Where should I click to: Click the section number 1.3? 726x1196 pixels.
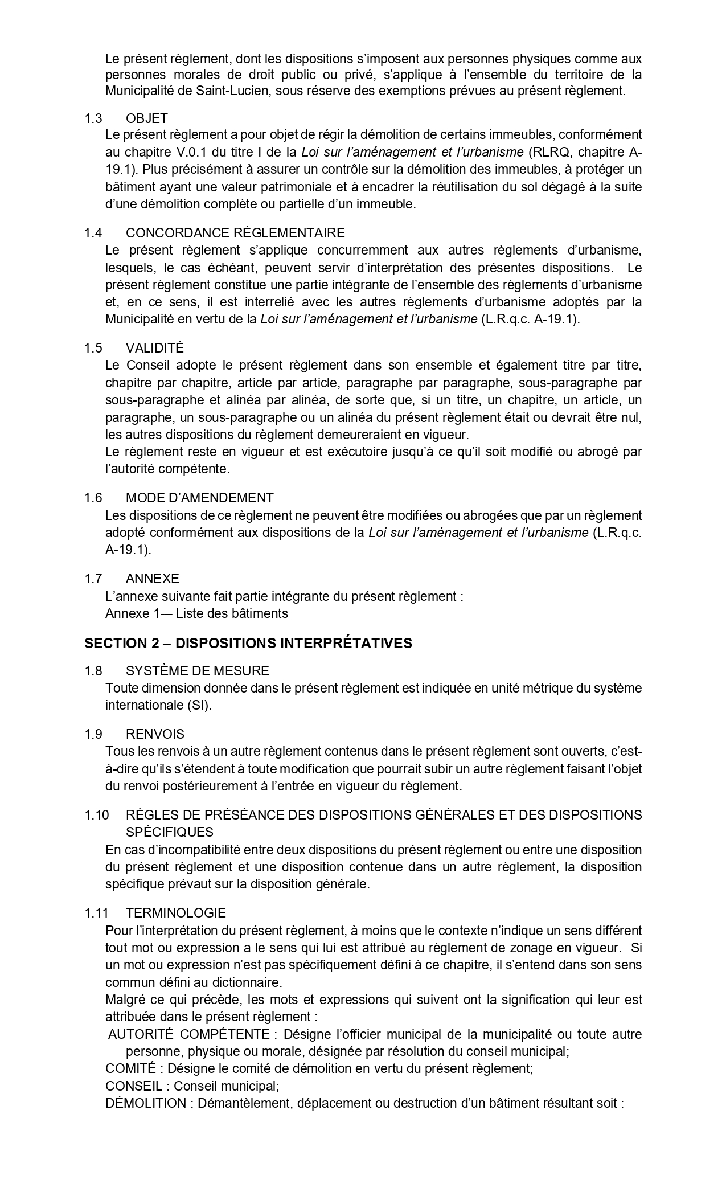[x=93, y=118]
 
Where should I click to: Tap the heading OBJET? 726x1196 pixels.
[x=147, y=118]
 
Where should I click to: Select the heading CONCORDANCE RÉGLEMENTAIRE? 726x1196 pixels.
[x=235, y=233]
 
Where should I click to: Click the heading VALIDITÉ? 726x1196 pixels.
[x=155, y=348]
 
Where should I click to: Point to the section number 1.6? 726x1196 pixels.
[x=93, y=498]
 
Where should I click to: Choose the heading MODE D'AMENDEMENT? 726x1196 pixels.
[x=199, y=498]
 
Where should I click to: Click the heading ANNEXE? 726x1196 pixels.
[x=153, y=579]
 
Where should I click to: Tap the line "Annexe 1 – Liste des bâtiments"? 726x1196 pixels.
[x=196, y=613]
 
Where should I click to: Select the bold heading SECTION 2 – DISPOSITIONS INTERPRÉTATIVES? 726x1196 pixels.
[x=248, y=643]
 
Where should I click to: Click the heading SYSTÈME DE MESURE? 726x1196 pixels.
[x=198, y=671]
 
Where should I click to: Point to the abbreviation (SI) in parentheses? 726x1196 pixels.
[x=198, y=705]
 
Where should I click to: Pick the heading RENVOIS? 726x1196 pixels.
[x=155, y=734]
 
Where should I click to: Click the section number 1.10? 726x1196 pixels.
[x=96, y=815]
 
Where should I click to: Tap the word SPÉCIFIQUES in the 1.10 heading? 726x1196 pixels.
[x=170, y=832]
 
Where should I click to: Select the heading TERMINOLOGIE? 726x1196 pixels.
[x=175, y=913]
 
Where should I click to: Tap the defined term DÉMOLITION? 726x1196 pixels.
[x=146, y=1103]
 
